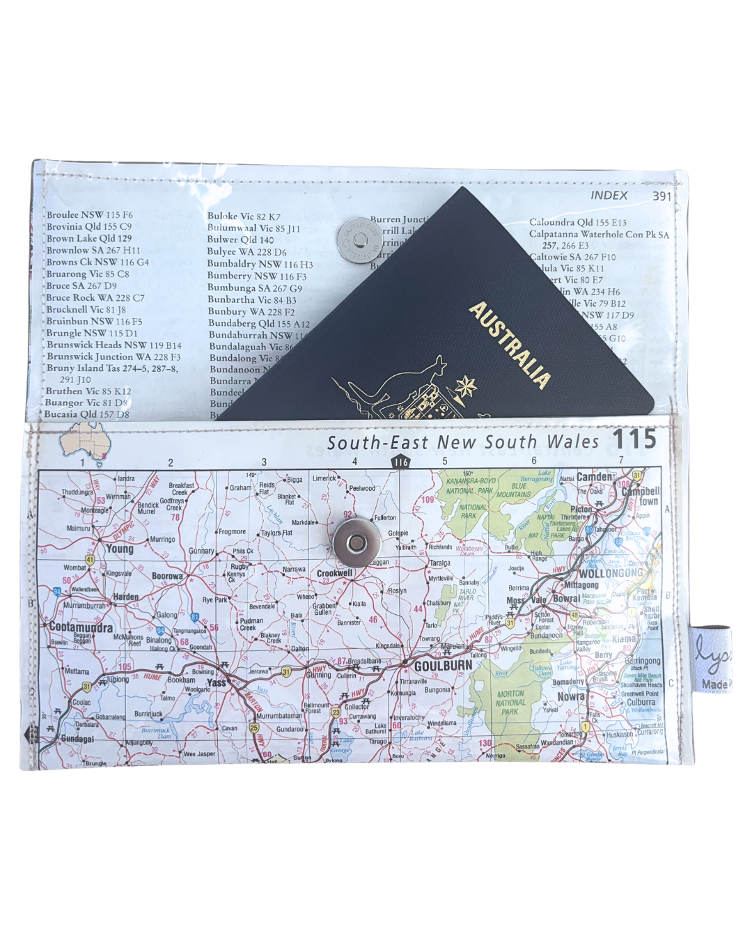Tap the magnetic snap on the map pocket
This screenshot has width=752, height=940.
[x=355, y=541]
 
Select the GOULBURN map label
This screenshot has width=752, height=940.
[x=443, y=666]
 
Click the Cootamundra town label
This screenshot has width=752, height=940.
[x=81, y=627]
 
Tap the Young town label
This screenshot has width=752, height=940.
[x=120, y=549]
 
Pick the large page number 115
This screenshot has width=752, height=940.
[x=634, y=439]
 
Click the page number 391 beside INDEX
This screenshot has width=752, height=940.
[x=661, y=196]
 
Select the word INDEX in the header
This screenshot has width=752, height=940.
[x=609, y=196]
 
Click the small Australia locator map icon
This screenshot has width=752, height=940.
[x=82, y=441]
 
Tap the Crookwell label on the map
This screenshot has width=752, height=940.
[x=335, y=573]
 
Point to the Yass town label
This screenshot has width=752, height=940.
[x=217, y=682]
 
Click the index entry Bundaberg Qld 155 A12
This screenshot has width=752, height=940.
[x=259, y=323]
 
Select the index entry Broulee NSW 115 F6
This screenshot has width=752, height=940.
[x=89, y=215]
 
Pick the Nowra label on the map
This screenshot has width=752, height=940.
[x=570, y=696]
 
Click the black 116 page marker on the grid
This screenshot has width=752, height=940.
[x=400, y=462]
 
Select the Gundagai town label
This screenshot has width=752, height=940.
[x=77, y=739]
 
